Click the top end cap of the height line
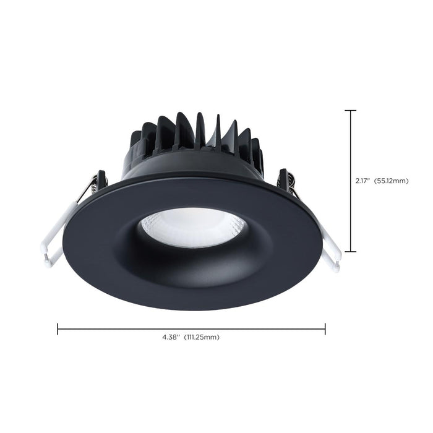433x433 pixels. (350, 111)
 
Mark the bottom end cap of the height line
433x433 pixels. (350, 251)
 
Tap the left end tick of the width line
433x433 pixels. (58, 328)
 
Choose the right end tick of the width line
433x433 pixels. (325, 328)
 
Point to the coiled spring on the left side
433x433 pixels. (93, 184)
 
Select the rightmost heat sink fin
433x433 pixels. (257, 152)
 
